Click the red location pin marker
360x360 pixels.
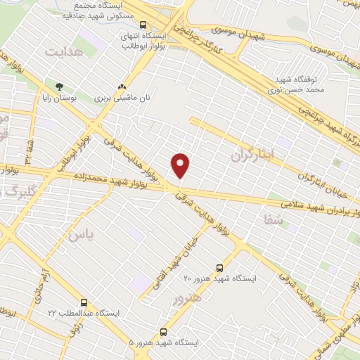click(181, 165)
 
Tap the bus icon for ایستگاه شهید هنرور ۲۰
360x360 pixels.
click(219, 268)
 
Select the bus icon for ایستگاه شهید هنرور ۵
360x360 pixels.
click(164, 330)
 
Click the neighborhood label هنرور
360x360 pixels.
click(186, 300)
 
